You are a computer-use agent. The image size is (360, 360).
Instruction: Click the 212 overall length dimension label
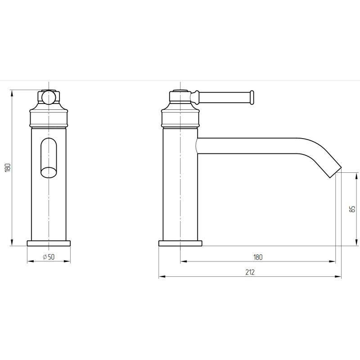point(250,272)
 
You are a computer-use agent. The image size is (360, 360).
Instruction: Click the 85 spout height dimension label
point(352,209)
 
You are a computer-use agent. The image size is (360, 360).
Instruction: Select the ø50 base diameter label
point(49,257)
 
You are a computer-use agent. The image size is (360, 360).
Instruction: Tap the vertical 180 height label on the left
point(8,167)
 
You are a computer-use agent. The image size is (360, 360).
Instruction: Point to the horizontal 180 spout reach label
point(258,257)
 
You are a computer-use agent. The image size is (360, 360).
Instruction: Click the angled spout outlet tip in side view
point(335,172)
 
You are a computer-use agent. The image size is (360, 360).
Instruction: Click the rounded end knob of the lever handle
point(252,98)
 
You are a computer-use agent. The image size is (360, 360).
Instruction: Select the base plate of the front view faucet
point(49,243)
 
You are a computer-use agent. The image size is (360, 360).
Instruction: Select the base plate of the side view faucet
point(180,243)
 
